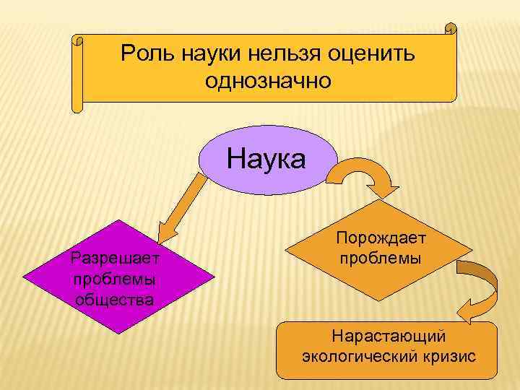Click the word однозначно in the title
268,80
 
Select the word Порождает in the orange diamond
381,238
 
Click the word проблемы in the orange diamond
380,258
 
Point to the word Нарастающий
388,337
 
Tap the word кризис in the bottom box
451,357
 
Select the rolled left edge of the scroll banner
78,72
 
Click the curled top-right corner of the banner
451,29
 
